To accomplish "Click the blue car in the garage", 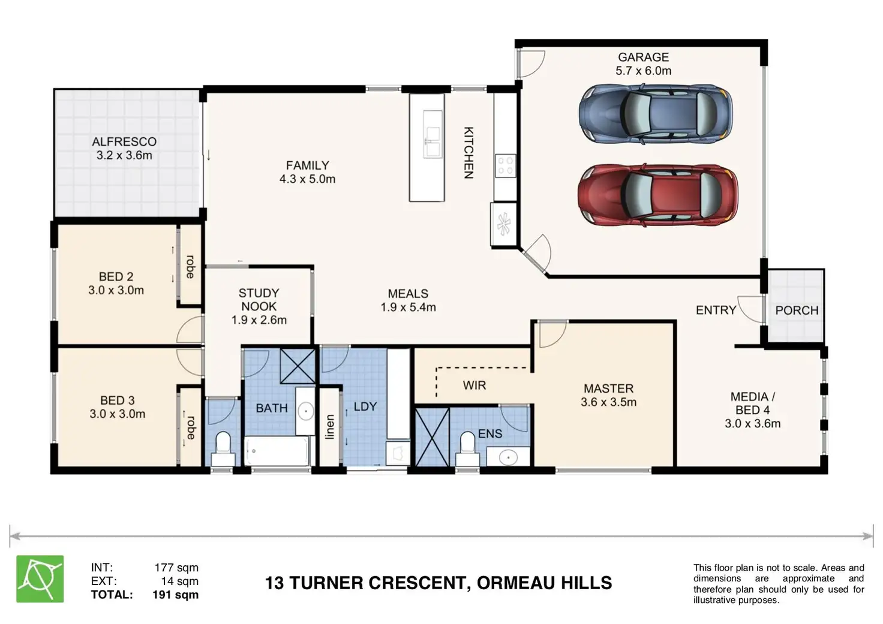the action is point(656,114).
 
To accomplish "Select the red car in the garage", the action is point(657,195).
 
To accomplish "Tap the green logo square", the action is point(40,578).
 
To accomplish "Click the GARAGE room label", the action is point(643,57).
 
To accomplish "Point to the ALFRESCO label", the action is point(124,141).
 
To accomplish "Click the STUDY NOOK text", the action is point(259,300).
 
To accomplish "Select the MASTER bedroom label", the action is point(609,388).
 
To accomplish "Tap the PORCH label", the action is point(797,311).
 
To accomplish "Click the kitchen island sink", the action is point(433,134).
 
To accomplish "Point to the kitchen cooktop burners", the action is point(505,165).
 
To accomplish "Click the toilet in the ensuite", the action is point(467,449).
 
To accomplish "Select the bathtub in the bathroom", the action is point(277,451).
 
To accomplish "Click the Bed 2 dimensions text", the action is point(116,290).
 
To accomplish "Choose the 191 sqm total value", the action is point(175,595).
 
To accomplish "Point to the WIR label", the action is point(474,385).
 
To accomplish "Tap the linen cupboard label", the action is point(329,427).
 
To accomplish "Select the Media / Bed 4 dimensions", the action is point(752,423).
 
